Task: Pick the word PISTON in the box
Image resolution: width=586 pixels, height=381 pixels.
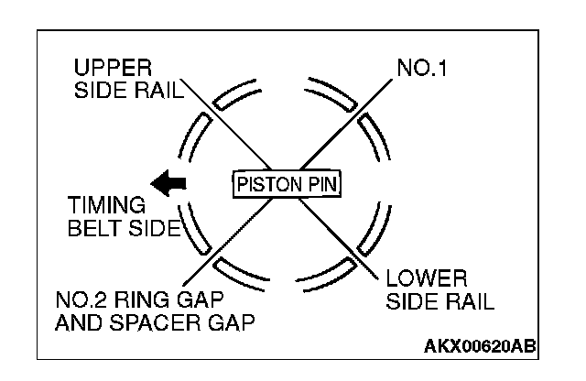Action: point(264,183)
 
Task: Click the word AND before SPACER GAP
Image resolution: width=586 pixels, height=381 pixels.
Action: point(77,322)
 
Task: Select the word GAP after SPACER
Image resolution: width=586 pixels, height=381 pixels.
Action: point(232,322)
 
